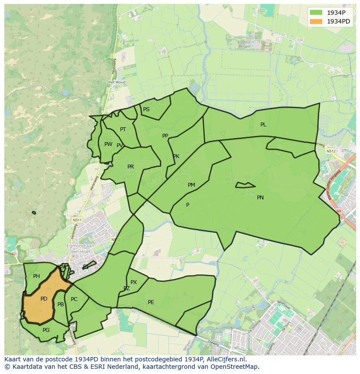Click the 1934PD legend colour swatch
pos(316,22)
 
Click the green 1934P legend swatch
pos(316,13)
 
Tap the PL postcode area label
pos(263,125)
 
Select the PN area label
pos(260,198)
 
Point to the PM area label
pos(191,185)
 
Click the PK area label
pos(176,156)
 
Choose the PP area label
pos(165,136)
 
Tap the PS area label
pos(146,109)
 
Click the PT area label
pos(123,129)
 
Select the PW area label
pos(108,144)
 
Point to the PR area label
pos(130,167)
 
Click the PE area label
pos(151,302)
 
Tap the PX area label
pos(133,282)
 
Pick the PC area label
pos(74,299)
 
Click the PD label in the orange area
pos(43,299)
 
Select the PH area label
pos(37,276)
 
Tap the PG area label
pos(46,330)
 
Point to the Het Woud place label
pos(117,82)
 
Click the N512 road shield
pos(331,151)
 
